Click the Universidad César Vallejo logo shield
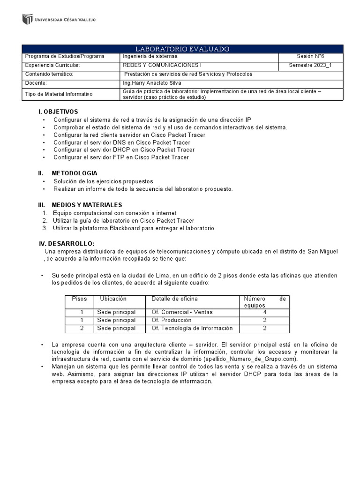click(27, 20)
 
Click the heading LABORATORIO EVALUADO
click(182, 49)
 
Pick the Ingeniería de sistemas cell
click(150, 56)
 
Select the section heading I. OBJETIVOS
click(58, 112)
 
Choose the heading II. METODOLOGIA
click(67, 173)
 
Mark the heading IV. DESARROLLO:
click(67, 243)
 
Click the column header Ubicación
click(113, 299)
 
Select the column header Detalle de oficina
click(174, 299)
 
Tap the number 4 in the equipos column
click(265, 312)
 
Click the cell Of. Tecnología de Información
click(192, 328)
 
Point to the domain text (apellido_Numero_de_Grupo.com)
click(244, 359)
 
